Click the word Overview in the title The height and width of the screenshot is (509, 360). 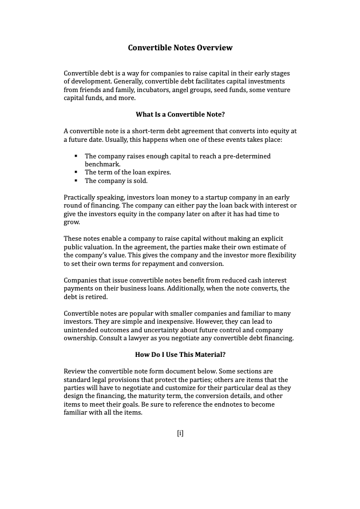215,48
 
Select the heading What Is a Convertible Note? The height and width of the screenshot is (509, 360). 180,114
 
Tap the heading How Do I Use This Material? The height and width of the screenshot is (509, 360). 180,355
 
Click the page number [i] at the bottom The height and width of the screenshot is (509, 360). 180,433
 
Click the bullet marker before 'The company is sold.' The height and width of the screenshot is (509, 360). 76,181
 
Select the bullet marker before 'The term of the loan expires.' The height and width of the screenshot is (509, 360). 76,172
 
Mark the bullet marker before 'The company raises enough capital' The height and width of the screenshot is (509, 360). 76,156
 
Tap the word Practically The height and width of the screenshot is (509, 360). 80,197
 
